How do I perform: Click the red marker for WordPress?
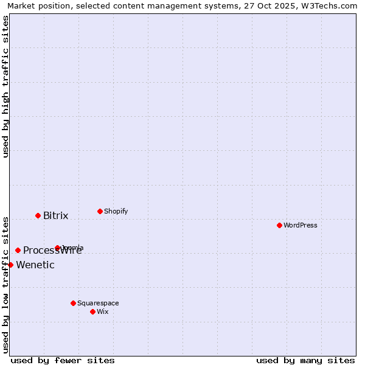point(279,225)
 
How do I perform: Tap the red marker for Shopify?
point(100,211)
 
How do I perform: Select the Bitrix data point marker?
point(38,215)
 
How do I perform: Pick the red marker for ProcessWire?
point(18,250)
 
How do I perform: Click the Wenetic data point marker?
point(10,265)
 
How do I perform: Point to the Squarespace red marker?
point(73,303)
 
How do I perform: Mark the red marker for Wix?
point(92,311)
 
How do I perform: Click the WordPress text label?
point(301,225)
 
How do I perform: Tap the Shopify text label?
point(116,211)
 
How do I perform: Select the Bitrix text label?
point(55,215)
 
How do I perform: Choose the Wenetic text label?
point(35,265)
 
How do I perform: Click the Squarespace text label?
point(98,303)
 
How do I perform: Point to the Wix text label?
point(103,311)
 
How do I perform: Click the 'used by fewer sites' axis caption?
point(63,360)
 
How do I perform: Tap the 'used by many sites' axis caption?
point(305,360)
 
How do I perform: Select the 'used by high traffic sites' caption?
point(5,86)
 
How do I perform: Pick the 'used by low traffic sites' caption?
point(5,284)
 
